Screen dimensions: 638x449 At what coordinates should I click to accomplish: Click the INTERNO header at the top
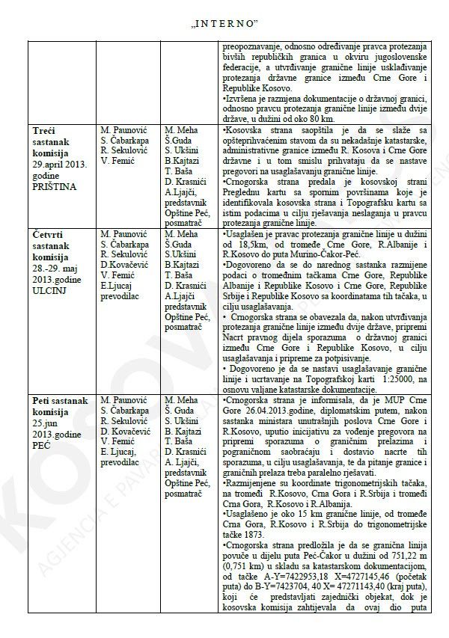pyautogui.click(x=224, y=13)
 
